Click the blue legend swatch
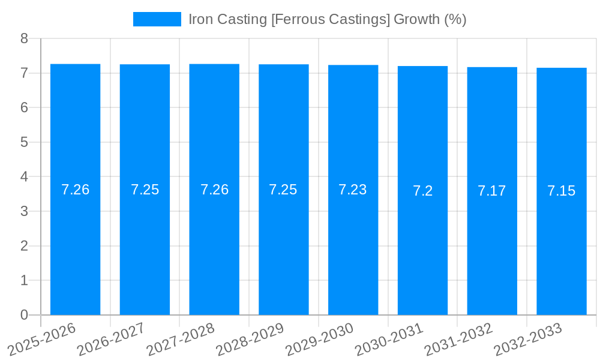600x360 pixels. pyautogui.click(x=157, y=19)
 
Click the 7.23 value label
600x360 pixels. pyautogui.click(x=353, y=190)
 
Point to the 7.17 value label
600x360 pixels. pyautogui.click(x=492, y=191)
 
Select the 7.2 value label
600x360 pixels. pyautogui.click(x=422, y=191)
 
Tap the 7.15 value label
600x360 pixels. pyautogui.click(x=562, y=191)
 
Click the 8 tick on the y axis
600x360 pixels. pyautogui.click(x=24, y=38)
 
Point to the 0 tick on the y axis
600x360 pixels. pyautogui.click(x=24, y=315)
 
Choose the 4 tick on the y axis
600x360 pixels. pyautogui.click(x=24, y=177)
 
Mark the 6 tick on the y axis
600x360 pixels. pyautogui.click(x=24, y=107)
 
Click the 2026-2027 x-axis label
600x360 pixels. pyautogui.click(x=112, y=338)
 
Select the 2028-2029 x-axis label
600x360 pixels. pyautogui.click(x=250, y=338)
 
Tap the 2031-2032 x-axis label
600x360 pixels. pyautogui.click(x=459, y=338)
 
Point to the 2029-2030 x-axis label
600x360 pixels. pyautogui.click(x=320, y=338)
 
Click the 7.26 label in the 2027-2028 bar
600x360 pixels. pyautogui.click(x=214, y=190)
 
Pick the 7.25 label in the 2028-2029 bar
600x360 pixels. pyautogui.click(x=283, y=190)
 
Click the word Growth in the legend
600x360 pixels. pyautogui.click(x=416, y=19)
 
